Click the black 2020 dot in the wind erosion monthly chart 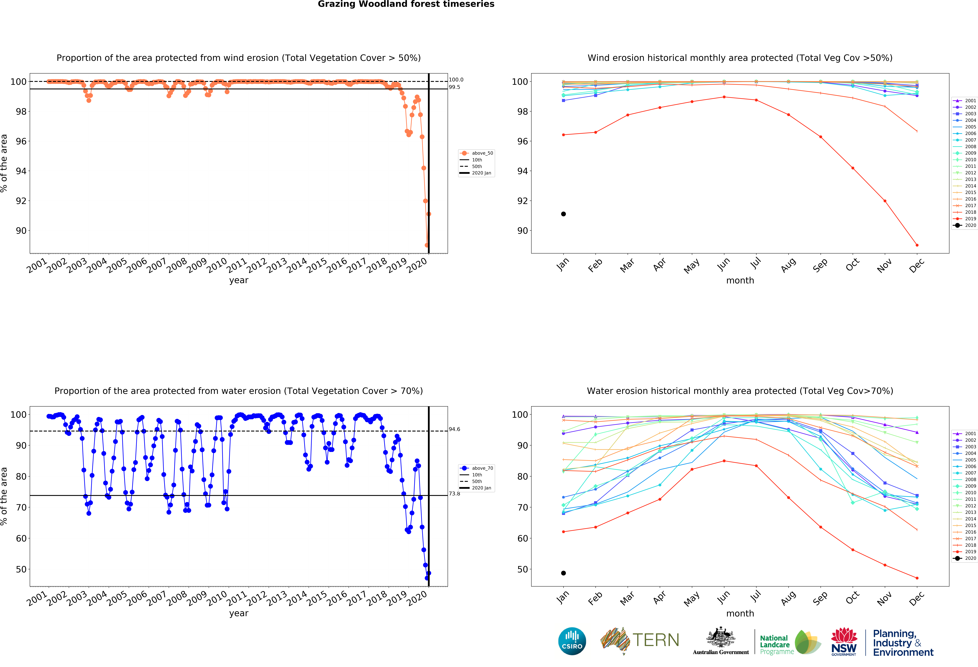click(x=563, y=214)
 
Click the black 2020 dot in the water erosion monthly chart click(x=563, y=573)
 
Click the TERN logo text click(x=656, y=640)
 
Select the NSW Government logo click(x=844, y=642)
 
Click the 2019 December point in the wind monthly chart click(x=917, y=245)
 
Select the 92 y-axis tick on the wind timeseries click(x=21, y=201)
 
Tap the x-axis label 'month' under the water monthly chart click(x=740, y=613)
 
